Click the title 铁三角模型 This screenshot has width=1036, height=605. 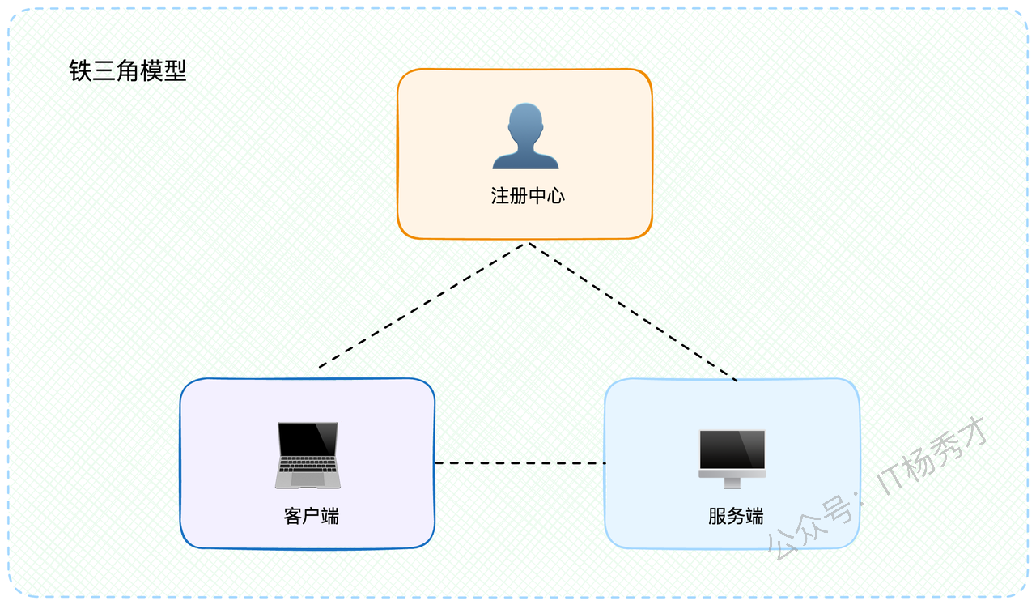point(128,70)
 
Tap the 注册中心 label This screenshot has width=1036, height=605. point(528,196)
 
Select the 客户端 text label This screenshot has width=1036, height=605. point(312,516)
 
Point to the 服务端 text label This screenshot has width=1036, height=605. point(736,516)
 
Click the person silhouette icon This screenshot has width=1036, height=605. point(525,136)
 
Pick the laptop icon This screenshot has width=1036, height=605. point(308,455)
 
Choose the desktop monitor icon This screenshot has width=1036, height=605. point(732,459)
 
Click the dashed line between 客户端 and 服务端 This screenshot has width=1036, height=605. point(520,463)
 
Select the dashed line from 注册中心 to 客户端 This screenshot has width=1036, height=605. point(422,305)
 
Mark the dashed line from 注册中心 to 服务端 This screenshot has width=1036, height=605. point(633,312)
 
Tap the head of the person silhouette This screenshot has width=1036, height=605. point(525,121)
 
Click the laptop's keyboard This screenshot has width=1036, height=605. point(308,464)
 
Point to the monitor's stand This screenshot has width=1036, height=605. point(732,484)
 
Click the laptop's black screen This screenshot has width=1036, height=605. point(308,438)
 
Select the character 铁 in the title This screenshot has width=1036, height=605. point(80,70)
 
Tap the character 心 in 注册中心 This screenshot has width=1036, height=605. point(556,196)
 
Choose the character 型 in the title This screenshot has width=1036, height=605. point(175,70)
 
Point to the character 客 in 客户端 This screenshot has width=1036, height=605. point(293,516)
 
